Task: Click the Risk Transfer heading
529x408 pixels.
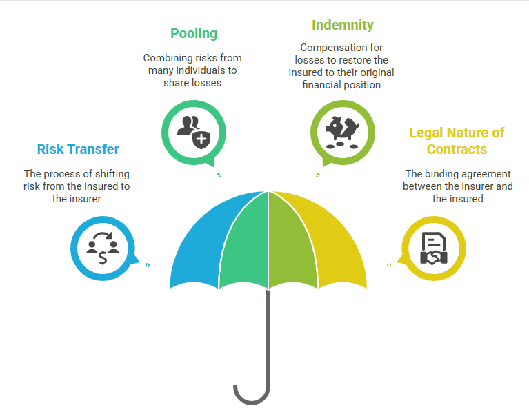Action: click(78, 149)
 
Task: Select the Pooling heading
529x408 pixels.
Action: click(194, 33)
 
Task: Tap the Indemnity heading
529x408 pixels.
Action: click(342, 26)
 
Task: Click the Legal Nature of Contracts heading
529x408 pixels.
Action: click(457, 141)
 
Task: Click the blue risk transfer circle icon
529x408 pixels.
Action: click(103, 249)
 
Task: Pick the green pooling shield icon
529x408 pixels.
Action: click(193, 130)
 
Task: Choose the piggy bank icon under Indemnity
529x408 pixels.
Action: click(342, 130)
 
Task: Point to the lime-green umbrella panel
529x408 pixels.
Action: click(292, 242)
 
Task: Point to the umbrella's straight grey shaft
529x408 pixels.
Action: click(268, 331)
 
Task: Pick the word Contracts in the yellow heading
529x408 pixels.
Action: click(457, 149)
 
